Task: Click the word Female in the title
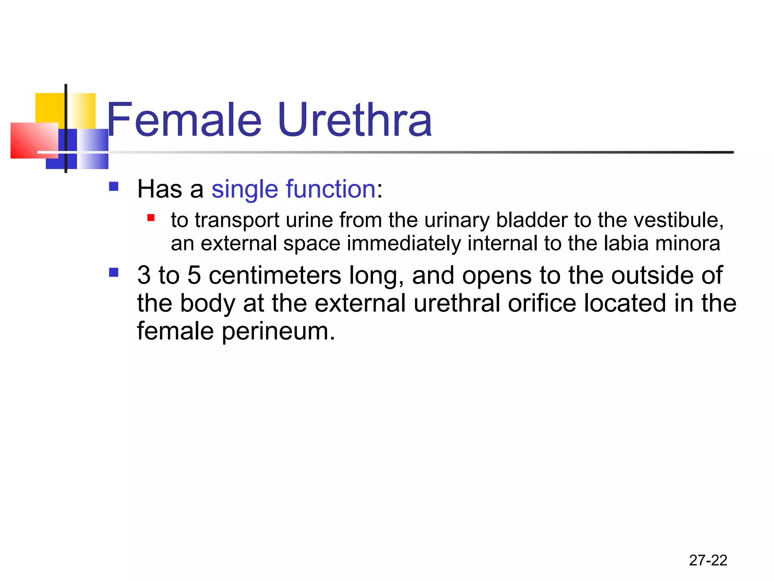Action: tap(184, 120)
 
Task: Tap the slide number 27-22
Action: tap(708, 560)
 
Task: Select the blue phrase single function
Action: tap(293, 189)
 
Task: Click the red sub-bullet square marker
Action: tap(151, 217)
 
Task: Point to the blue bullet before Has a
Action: tap(113, 186)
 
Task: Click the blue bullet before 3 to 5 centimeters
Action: tap(113, 272)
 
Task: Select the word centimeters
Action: tap(275, 275)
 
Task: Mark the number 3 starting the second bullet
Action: tap(144, 275)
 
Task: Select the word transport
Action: tap(237, 221)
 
